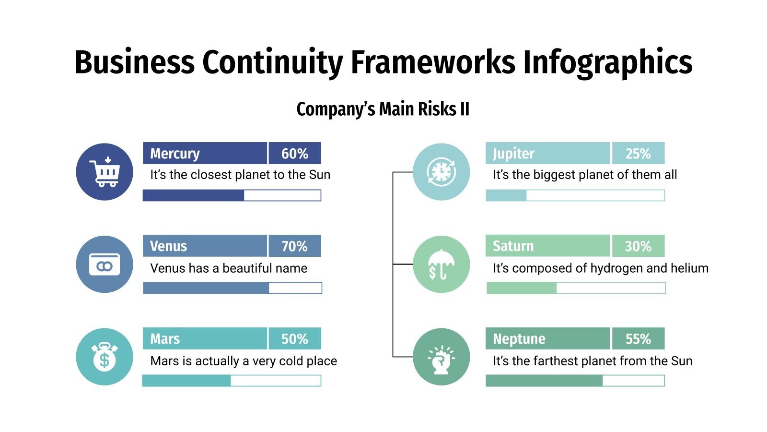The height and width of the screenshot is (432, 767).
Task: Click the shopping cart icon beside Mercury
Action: pos(105,172)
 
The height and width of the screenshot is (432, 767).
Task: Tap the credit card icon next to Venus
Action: pos(105,264)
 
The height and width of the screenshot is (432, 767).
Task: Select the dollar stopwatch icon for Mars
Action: pos(105,357)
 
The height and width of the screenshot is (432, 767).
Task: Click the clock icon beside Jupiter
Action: pos(442,172)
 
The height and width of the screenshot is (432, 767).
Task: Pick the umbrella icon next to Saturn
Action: pos(442,264)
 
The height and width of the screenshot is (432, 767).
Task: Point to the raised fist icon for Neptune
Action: pos(442,357)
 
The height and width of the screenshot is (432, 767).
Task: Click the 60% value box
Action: pos(294,154)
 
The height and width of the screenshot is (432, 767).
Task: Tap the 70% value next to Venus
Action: pos(294,246)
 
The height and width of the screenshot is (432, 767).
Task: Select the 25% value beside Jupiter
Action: pos(638,154)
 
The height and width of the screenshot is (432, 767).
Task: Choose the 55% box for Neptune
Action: pos(638,339)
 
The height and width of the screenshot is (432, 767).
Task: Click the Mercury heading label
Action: pos(175,154)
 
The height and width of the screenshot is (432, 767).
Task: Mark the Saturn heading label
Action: pos(513,246)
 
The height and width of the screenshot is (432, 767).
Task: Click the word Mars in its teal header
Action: pos(165,339)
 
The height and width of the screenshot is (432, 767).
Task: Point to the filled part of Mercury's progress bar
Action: pos(193,195)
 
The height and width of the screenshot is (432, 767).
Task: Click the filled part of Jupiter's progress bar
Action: pos(506,195)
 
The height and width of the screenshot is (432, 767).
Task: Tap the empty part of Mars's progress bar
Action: pos(275,381)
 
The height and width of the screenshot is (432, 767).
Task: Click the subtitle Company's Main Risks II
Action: pos(383,109)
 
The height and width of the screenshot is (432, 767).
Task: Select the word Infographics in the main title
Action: pos(607,62)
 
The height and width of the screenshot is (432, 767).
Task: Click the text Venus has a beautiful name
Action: pos(229,268)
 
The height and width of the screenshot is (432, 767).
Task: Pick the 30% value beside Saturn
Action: pos(638,246)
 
